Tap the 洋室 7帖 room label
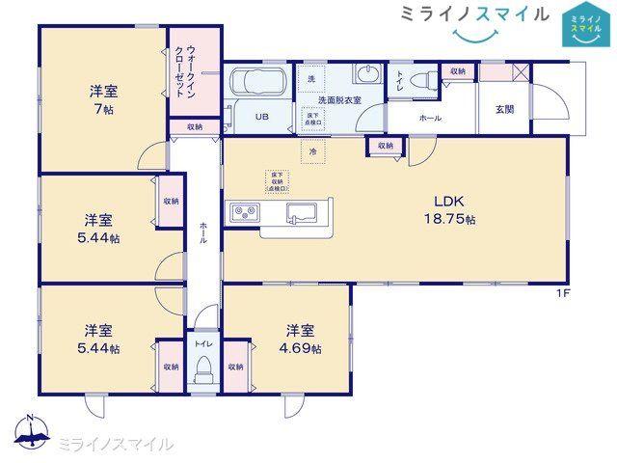102,99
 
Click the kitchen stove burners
242,211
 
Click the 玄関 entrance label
504,109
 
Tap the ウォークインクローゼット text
185,68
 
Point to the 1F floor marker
562,292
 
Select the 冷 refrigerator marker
313,150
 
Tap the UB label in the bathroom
261,118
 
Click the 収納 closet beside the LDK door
386,146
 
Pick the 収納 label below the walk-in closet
195,126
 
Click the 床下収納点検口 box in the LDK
277,180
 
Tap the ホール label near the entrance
430,118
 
